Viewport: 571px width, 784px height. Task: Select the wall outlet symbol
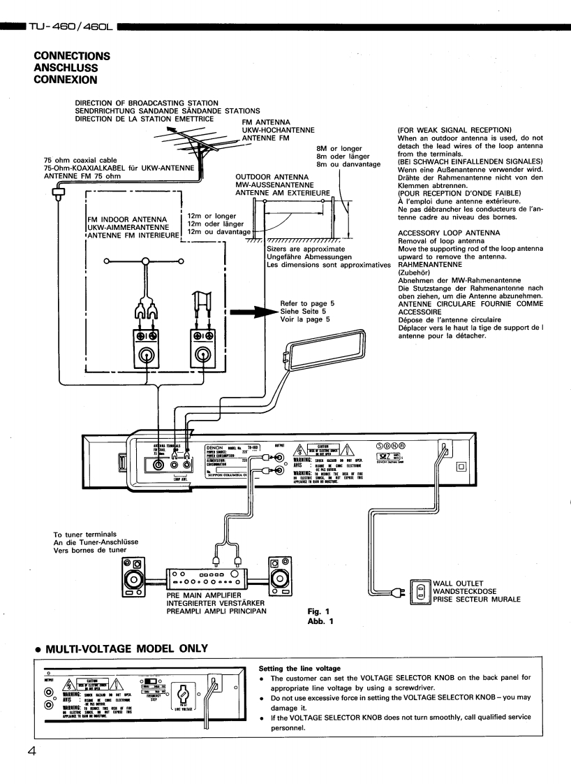point(420,591)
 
